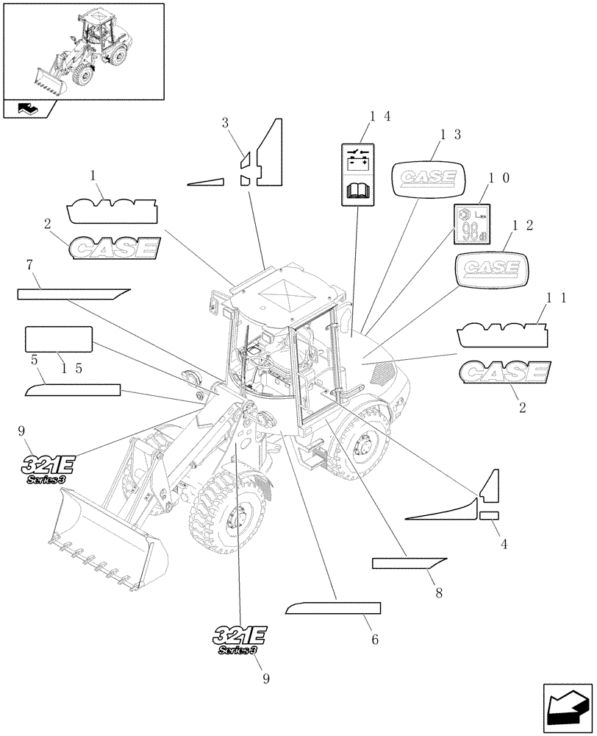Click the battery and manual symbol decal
(x=359, y=175)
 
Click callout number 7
(x=29, y=264)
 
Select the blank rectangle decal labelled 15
(x=59, y=340)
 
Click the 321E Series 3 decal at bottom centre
(x=241, y=638)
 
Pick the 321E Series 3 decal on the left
(x=48, y=469)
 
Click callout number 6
(x=374, y=640)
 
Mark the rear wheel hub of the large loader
(x=362, y=445)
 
